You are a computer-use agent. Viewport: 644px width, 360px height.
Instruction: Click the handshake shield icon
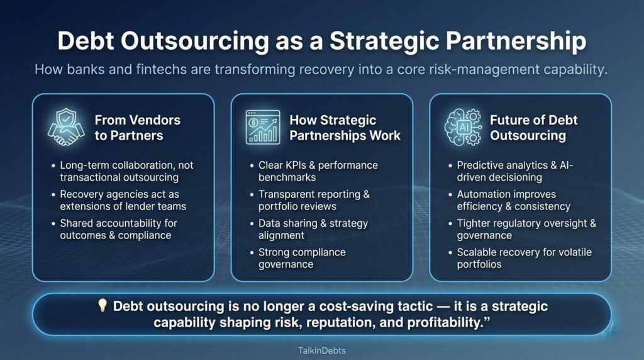[x=67, y=127]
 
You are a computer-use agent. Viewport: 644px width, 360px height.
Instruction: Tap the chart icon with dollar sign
[x=262, y=127]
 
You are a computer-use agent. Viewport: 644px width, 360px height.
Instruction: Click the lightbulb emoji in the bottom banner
[x=103, y=307]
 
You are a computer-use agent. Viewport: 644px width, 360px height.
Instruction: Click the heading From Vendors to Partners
[x=137, y=127]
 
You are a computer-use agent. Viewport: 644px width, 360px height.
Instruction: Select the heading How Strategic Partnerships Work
[x=345, y=127]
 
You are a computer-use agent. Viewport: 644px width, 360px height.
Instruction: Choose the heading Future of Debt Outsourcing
[x=533, y=127]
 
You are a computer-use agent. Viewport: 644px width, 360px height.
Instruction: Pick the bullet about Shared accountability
[x=118, y=229]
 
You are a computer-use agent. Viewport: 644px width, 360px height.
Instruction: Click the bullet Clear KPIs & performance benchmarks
[x=318, y=171]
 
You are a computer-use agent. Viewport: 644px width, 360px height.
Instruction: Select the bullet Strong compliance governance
[x=302, y=258]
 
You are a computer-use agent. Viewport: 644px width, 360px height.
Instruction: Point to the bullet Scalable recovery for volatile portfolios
[x=524, y=258]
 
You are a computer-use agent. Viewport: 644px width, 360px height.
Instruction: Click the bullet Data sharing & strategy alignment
[x=313, y=229]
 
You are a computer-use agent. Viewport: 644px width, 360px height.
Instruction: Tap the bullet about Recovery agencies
[x=123, y=200]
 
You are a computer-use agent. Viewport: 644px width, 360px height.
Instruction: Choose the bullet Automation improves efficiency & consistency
[x=513, y=200]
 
